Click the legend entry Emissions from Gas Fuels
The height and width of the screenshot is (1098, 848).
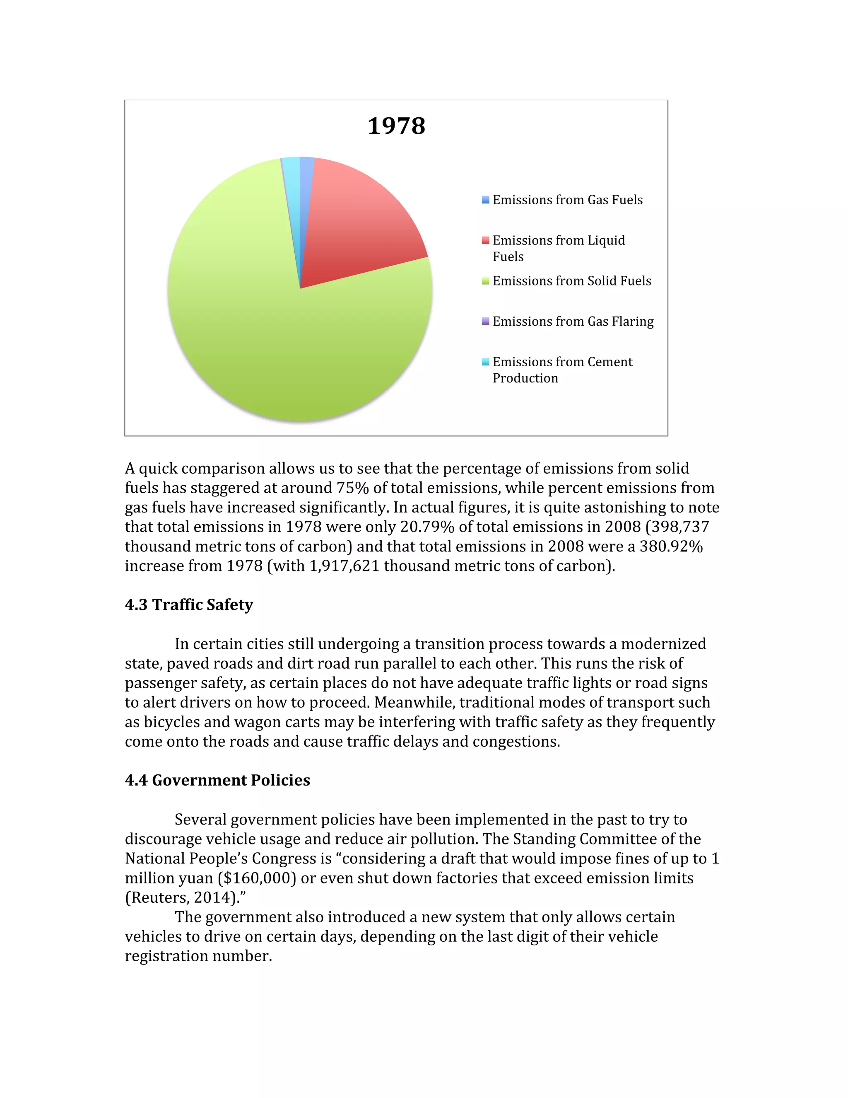567,200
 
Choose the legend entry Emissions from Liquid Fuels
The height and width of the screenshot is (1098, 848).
558,248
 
